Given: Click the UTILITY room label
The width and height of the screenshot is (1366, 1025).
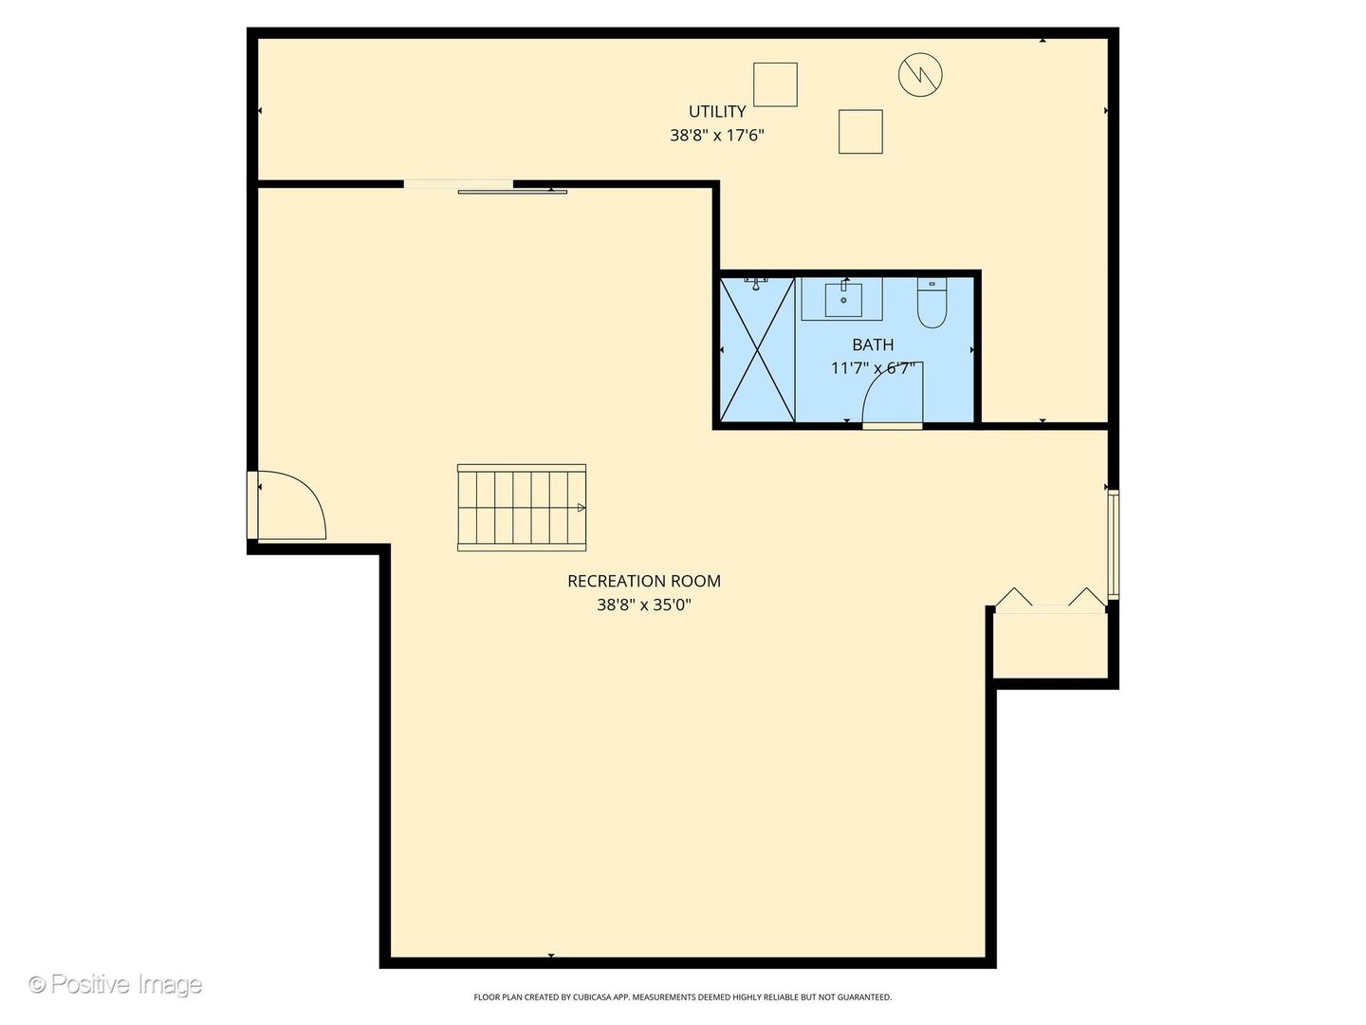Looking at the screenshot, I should [x=717, y=112].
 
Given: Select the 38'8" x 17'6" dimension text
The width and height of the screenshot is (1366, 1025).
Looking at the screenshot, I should [x=717, y=136].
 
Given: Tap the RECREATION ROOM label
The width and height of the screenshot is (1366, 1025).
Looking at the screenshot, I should [x=644, y=581].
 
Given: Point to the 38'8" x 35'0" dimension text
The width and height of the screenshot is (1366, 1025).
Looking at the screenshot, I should [x=644, y=605].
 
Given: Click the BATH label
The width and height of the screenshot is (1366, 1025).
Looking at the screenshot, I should [x=873, y=345].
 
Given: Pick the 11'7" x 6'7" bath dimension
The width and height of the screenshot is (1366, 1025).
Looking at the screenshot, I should [x=873, y=368].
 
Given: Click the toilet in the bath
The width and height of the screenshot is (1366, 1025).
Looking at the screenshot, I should [x=932, y=304].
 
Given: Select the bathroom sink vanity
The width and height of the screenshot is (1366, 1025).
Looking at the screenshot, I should [x=842, y=299].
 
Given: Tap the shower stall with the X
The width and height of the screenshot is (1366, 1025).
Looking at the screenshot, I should [x=757, y=349].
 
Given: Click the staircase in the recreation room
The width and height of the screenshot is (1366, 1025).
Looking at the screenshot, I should [x=521, y=508].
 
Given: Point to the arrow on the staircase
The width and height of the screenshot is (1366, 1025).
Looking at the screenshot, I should [x=581, y=508].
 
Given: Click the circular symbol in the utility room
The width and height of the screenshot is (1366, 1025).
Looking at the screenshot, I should [x=920, y=74].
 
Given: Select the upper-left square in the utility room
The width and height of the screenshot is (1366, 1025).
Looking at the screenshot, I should [x=775, y=84].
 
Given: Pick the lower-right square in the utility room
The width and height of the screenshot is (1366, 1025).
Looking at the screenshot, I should [x=860, y=132].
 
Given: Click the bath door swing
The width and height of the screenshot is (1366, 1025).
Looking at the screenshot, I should [x=892, y=394].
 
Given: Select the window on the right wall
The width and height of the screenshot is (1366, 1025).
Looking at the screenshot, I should [x=1114, y=543].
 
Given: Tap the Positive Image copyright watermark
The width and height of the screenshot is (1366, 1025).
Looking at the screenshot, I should [x=116, y=984].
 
